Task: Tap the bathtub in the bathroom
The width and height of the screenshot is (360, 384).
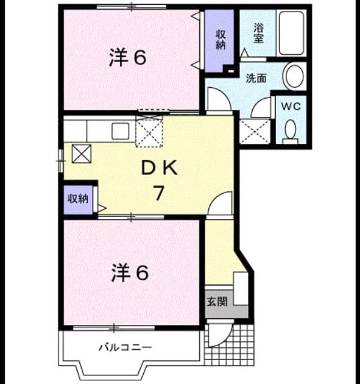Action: point(292,33)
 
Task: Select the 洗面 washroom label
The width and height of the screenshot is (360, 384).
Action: point(256,79)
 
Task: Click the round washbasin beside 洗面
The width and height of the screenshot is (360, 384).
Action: point(293,76)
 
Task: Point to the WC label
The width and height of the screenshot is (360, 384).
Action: point(291,106)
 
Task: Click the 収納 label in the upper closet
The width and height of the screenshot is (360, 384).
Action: point(221,40)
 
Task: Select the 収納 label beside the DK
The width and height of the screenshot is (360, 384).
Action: point(78,198)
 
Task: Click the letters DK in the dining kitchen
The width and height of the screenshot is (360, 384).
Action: point(160,168)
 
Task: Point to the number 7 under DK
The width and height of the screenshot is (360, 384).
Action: point(158,193)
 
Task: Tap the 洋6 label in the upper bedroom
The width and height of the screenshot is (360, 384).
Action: point(127,57)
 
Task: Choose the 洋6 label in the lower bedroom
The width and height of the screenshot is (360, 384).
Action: point(130,273)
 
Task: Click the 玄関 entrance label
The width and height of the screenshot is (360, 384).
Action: point(217,302)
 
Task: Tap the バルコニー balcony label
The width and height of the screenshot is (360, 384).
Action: point(125,347)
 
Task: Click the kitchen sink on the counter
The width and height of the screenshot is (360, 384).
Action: point(120,131)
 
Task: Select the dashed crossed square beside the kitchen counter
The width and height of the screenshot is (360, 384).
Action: point(149,131)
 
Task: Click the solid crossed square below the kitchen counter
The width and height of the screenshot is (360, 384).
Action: point(82,154)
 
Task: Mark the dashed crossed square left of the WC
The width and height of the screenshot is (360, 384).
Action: point(255,132)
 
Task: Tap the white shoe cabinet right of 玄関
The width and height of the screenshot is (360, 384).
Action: point(241,288)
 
